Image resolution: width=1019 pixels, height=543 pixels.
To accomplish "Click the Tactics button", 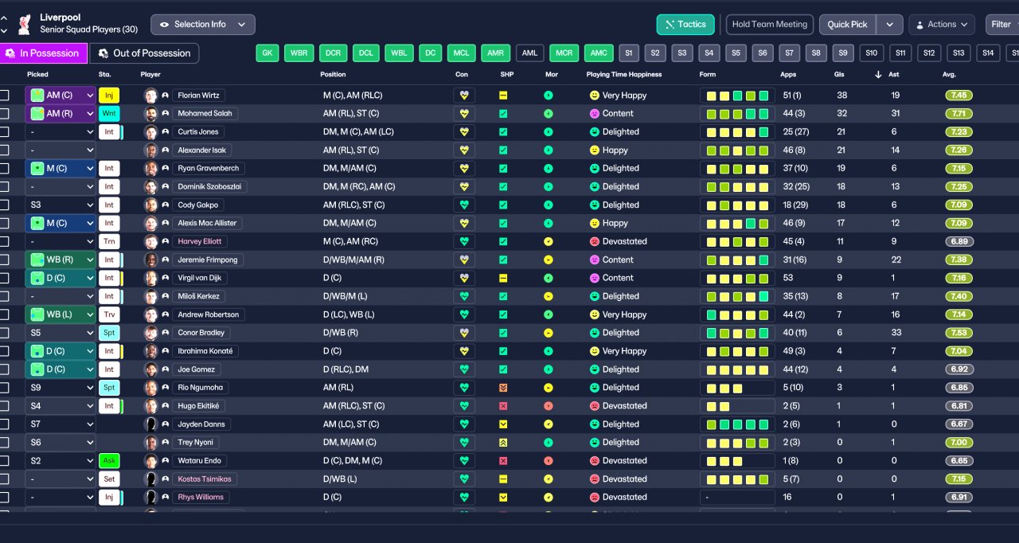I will click(685, 25).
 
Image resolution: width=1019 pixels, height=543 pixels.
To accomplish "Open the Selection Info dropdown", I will click(202, 25).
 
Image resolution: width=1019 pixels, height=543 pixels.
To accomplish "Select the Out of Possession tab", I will click(144, 53).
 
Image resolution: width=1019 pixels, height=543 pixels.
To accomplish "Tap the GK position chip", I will click(267, 53).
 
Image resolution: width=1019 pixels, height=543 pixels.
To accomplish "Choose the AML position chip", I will click(529, 53).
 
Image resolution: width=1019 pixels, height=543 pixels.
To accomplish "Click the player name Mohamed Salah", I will click(205, 114).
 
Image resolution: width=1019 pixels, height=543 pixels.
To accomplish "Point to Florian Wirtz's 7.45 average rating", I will click(959, 96).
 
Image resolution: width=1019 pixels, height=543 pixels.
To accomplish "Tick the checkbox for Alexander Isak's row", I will click(5, 150).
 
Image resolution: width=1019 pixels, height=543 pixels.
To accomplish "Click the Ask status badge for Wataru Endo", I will click(109, 461).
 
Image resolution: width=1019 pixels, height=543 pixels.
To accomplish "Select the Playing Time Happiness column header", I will click(623, 74).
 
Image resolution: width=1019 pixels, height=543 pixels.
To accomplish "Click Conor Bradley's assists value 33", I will click(896, 333).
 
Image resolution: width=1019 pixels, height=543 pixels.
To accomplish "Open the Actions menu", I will click(942, 25).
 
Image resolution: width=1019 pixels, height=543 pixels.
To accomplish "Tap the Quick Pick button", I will click(847, 25).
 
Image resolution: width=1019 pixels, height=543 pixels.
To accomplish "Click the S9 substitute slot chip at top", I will click(845, 53).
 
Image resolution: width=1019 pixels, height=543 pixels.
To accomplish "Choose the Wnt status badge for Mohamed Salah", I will click(109, 114).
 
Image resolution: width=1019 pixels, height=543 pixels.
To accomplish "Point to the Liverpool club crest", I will click(24, 24).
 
